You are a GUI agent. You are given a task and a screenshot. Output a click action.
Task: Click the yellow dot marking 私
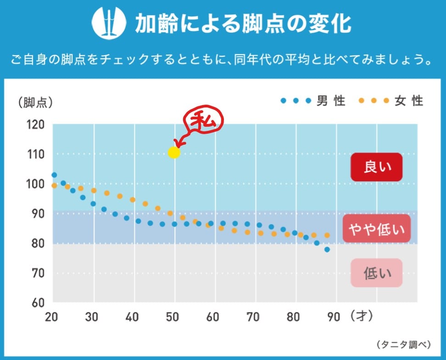[x=174, y=152]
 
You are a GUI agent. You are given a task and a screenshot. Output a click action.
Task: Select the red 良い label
[x=376, y=167]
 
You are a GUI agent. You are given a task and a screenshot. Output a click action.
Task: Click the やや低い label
[x=376, y=228]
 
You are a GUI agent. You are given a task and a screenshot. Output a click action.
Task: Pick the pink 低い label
[x=376, y=273]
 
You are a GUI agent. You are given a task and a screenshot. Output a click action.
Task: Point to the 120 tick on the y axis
[x=35, y=125]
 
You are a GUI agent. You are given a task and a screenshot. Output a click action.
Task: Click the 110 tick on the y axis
[x=35, y=154]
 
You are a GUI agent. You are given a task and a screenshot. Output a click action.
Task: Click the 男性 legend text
[x=331, y=101]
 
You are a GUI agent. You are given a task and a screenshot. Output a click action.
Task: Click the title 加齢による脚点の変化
[x=243, y=24]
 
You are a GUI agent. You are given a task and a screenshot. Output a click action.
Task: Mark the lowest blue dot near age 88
[x=327, y=249]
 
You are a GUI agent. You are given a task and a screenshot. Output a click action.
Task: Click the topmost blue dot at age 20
[x=54, y=175]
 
